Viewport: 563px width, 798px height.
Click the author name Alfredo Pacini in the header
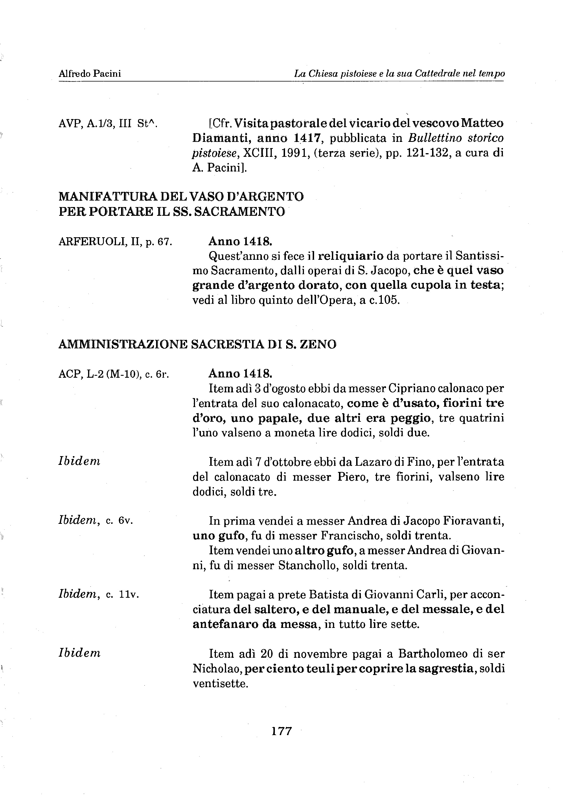(90, 74)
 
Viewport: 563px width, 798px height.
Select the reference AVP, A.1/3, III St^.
(108, 124)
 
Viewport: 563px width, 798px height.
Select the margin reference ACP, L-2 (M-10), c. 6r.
(114, 374)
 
